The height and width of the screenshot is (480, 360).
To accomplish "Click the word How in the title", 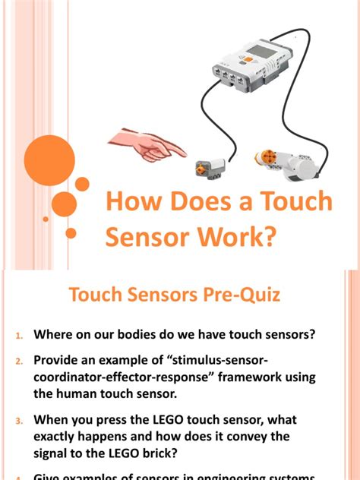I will (x=130, y=203).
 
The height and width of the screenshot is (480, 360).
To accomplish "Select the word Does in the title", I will (x=194, y=203).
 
